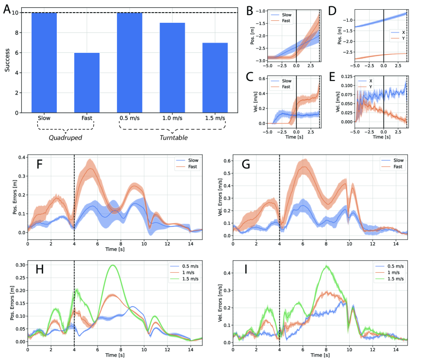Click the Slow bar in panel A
(44, 63)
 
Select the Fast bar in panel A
(87, 83)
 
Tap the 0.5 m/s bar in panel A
(130, 63)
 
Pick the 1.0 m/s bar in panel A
(172, 68)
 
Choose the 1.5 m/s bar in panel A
(215, 78)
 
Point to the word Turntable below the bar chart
(172, 137)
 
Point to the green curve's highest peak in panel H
(114, 266)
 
